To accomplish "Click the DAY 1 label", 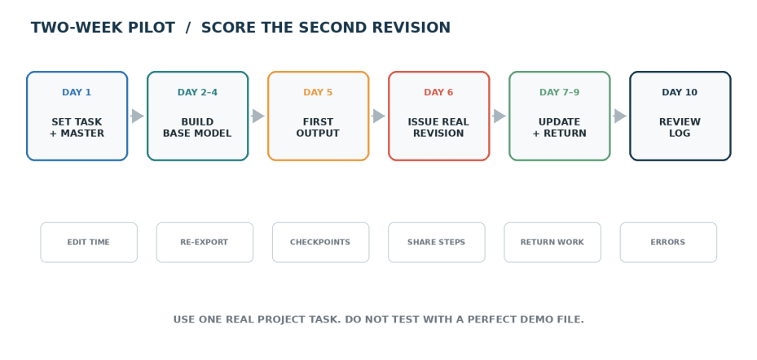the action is [77, 92].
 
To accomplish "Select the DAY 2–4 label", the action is [197, 92].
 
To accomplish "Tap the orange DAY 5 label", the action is [318, 92].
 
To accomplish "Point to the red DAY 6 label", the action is [439, 92].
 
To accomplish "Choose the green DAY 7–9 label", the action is [560, 92].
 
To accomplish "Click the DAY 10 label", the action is [680, 92].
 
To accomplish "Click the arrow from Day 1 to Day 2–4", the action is [137, 116].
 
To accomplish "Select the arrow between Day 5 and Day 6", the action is [378, 116].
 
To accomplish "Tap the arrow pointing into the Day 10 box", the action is [620, 116].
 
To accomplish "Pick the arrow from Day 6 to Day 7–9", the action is [500, 116].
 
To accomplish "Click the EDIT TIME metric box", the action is [89, 242].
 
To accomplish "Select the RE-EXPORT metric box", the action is [205, 242].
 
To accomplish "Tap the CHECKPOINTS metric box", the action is [320, 242].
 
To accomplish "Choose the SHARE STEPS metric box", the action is [437, 242].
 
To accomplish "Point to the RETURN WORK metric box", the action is [552, 242].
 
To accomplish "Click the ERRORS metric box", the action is [668, 242].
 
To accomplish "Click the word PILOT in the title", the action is [151, 28].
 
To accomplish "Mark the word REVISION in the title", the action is [413, 28].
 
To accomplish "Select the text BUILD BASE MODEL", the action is [197, 127].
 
